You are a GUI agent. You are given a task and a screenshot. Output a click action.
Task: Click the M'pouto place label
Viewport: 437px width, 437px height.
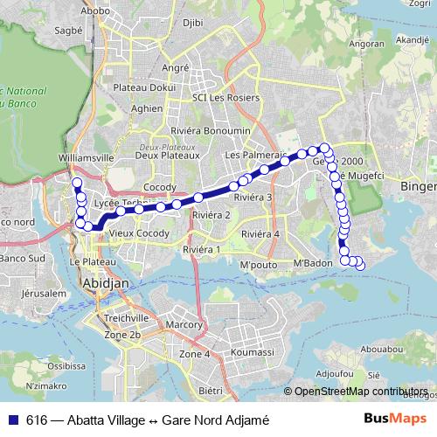[x=258, y=265]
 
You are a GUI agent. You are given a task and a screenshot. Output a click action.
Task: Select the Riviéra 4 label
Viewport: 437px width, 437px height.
[x=260, y=234]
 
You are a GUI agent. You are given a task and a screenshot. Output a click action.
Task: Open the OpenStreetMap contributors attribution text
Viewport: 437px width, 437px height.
[x=360, y=391]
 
